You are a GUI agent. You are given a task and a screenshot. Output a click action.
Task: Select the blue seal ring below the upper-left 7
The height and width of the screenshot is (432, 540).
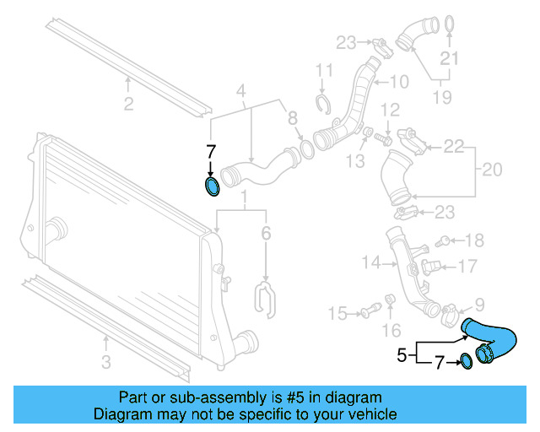tap(212, 185)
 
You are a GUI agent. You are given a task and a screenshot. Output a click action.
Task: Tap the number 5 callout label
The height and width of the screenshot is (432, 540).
tap(402, 355)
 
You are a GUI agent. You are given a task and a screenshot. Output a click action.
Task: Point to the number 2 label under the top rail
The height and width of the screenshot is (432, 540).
tap(128, 105)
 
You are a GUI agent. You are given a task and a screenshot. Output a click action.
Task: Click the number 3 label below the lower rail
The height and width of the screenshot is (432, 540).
tap(105, 364)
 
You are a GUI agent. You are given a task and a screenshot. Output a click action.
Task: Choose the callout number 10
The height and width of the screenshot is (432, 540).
tap(398, 82)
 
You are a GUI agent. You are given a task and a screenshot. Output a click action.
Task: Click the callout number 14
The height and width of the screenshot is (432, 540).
tap(371, 263)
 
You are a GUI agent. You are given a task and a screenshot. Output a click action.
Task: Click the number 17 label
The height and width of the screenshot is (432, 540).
tap(467, 267)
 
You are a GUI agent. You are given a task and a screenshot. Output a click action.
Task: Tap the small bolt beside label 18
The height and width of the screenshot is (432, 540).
tap(440, 243)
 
